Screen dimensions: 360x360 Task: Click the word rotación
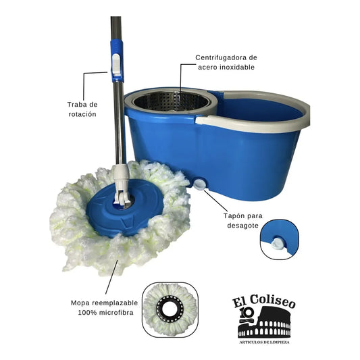[82, 114]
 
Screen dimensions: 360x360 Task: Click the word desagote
[242, 226]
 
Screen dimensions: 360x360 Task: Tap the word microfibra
[116, 313]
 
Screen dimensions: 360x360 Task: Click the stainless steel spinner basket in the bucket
[171, 102]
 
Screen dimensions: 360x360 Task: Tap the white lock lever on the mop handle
[116, 65]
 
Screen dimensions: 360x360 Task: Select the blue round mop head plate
[125, 208]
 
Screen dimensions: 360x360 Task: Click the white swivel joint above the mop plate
[122, 184]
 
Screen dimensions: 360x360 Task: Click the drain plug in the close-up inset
[277, 244]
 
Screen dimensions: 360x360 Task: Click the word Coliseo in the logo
[272, 301]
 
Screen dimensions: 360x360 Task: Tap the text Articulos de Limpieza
[264, 342]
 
